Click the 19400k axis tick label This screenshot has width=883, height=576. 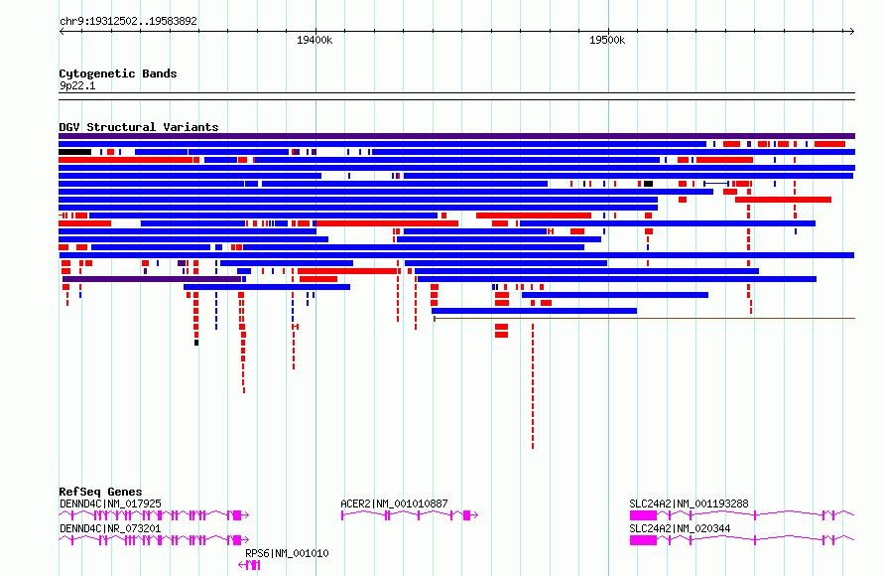(315, 40)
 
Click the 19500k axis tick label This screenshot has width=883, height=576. (607, 40)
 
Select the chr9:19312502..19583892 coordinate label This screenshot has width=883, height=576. (128, 21)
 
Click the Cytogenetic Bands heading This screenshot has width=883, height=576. (118, 73)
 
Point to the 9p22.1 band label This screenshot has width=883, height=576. (77, 85)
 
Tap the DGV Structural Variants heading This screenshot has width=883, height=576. (139, 127)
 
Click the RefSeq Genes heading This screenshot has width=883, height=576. (100, 492)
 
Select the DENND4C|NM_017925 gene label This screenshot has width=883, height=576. (110, 504)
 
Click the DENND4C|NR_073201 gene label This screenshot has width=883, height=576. (110, 528)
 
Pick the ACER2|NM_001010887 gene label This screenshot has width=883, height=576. (394, 504)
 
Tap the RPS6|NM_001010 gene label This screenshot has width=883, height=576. (287, 553)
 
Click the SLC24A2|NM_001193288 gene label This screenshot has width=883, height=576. (689, 504)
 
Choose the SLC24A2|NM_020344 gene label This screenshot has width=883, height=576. (680, 528)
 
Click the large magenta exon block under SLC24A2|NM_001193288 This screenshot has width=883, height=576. (643, 515)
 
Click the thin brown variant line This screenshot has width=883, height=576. (644, 319)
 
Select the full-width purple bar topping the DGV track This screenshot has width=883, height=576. (456, 136)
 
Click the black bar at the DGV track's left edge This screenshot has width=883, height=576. (74, 152)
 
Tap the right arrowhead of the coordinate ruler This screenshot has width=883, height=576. (852, 32)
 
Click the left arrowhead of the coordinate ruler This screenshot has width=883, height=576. (62, 32)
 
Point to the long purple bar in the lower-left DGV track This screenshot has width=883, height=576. (152, 279)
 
